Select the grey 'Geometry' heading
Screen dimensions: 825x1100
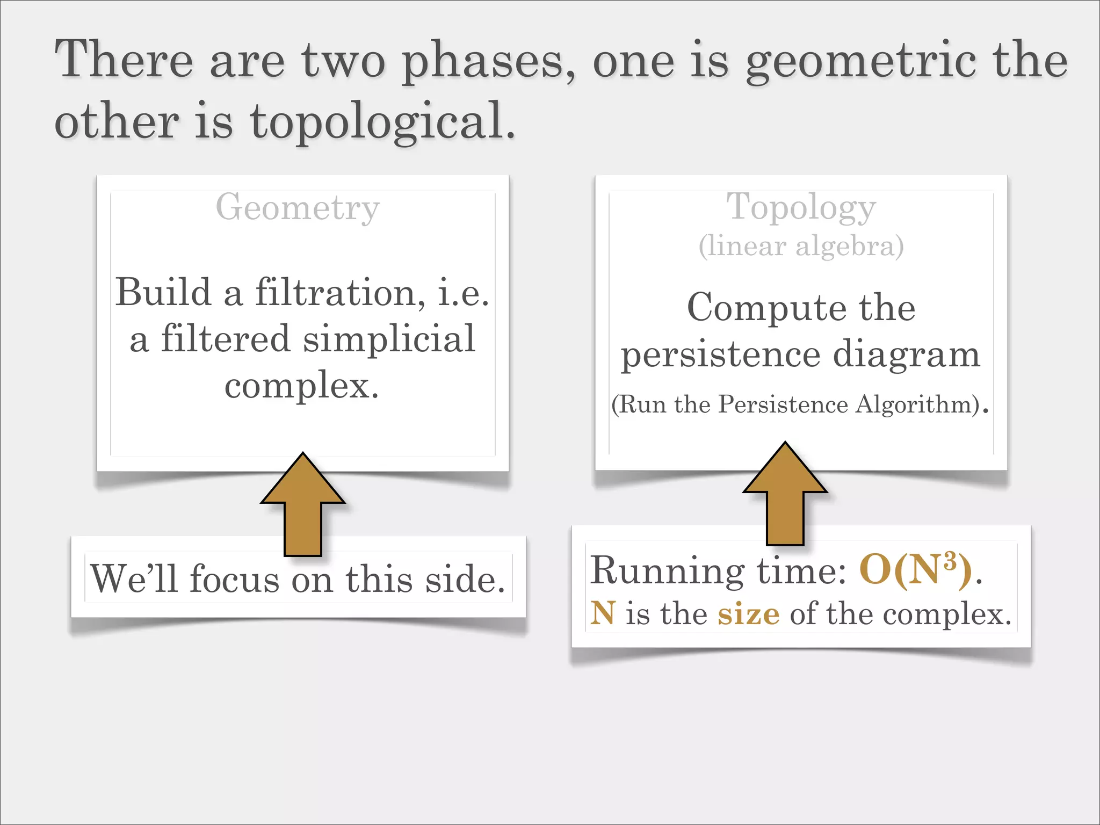click(298, 207)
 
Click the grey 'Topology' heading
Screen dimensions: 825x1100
click(801, 207)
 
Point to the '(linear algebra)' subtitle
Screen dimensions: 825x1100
click(801, 246)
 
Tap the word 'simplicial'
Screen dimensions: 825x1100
click(389, 339)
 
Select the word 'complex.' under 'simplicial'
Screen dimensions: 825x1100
click(302, 385)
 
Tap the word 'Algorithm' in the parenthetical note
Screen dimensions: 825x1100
click(914, 404)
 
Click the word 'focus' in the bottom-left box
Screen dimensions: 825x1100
click(234, 579)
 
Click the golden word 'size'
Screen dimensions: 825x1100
click(748, 614)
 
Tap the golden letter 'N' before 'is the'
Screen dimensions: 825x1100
click(603, 613)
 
